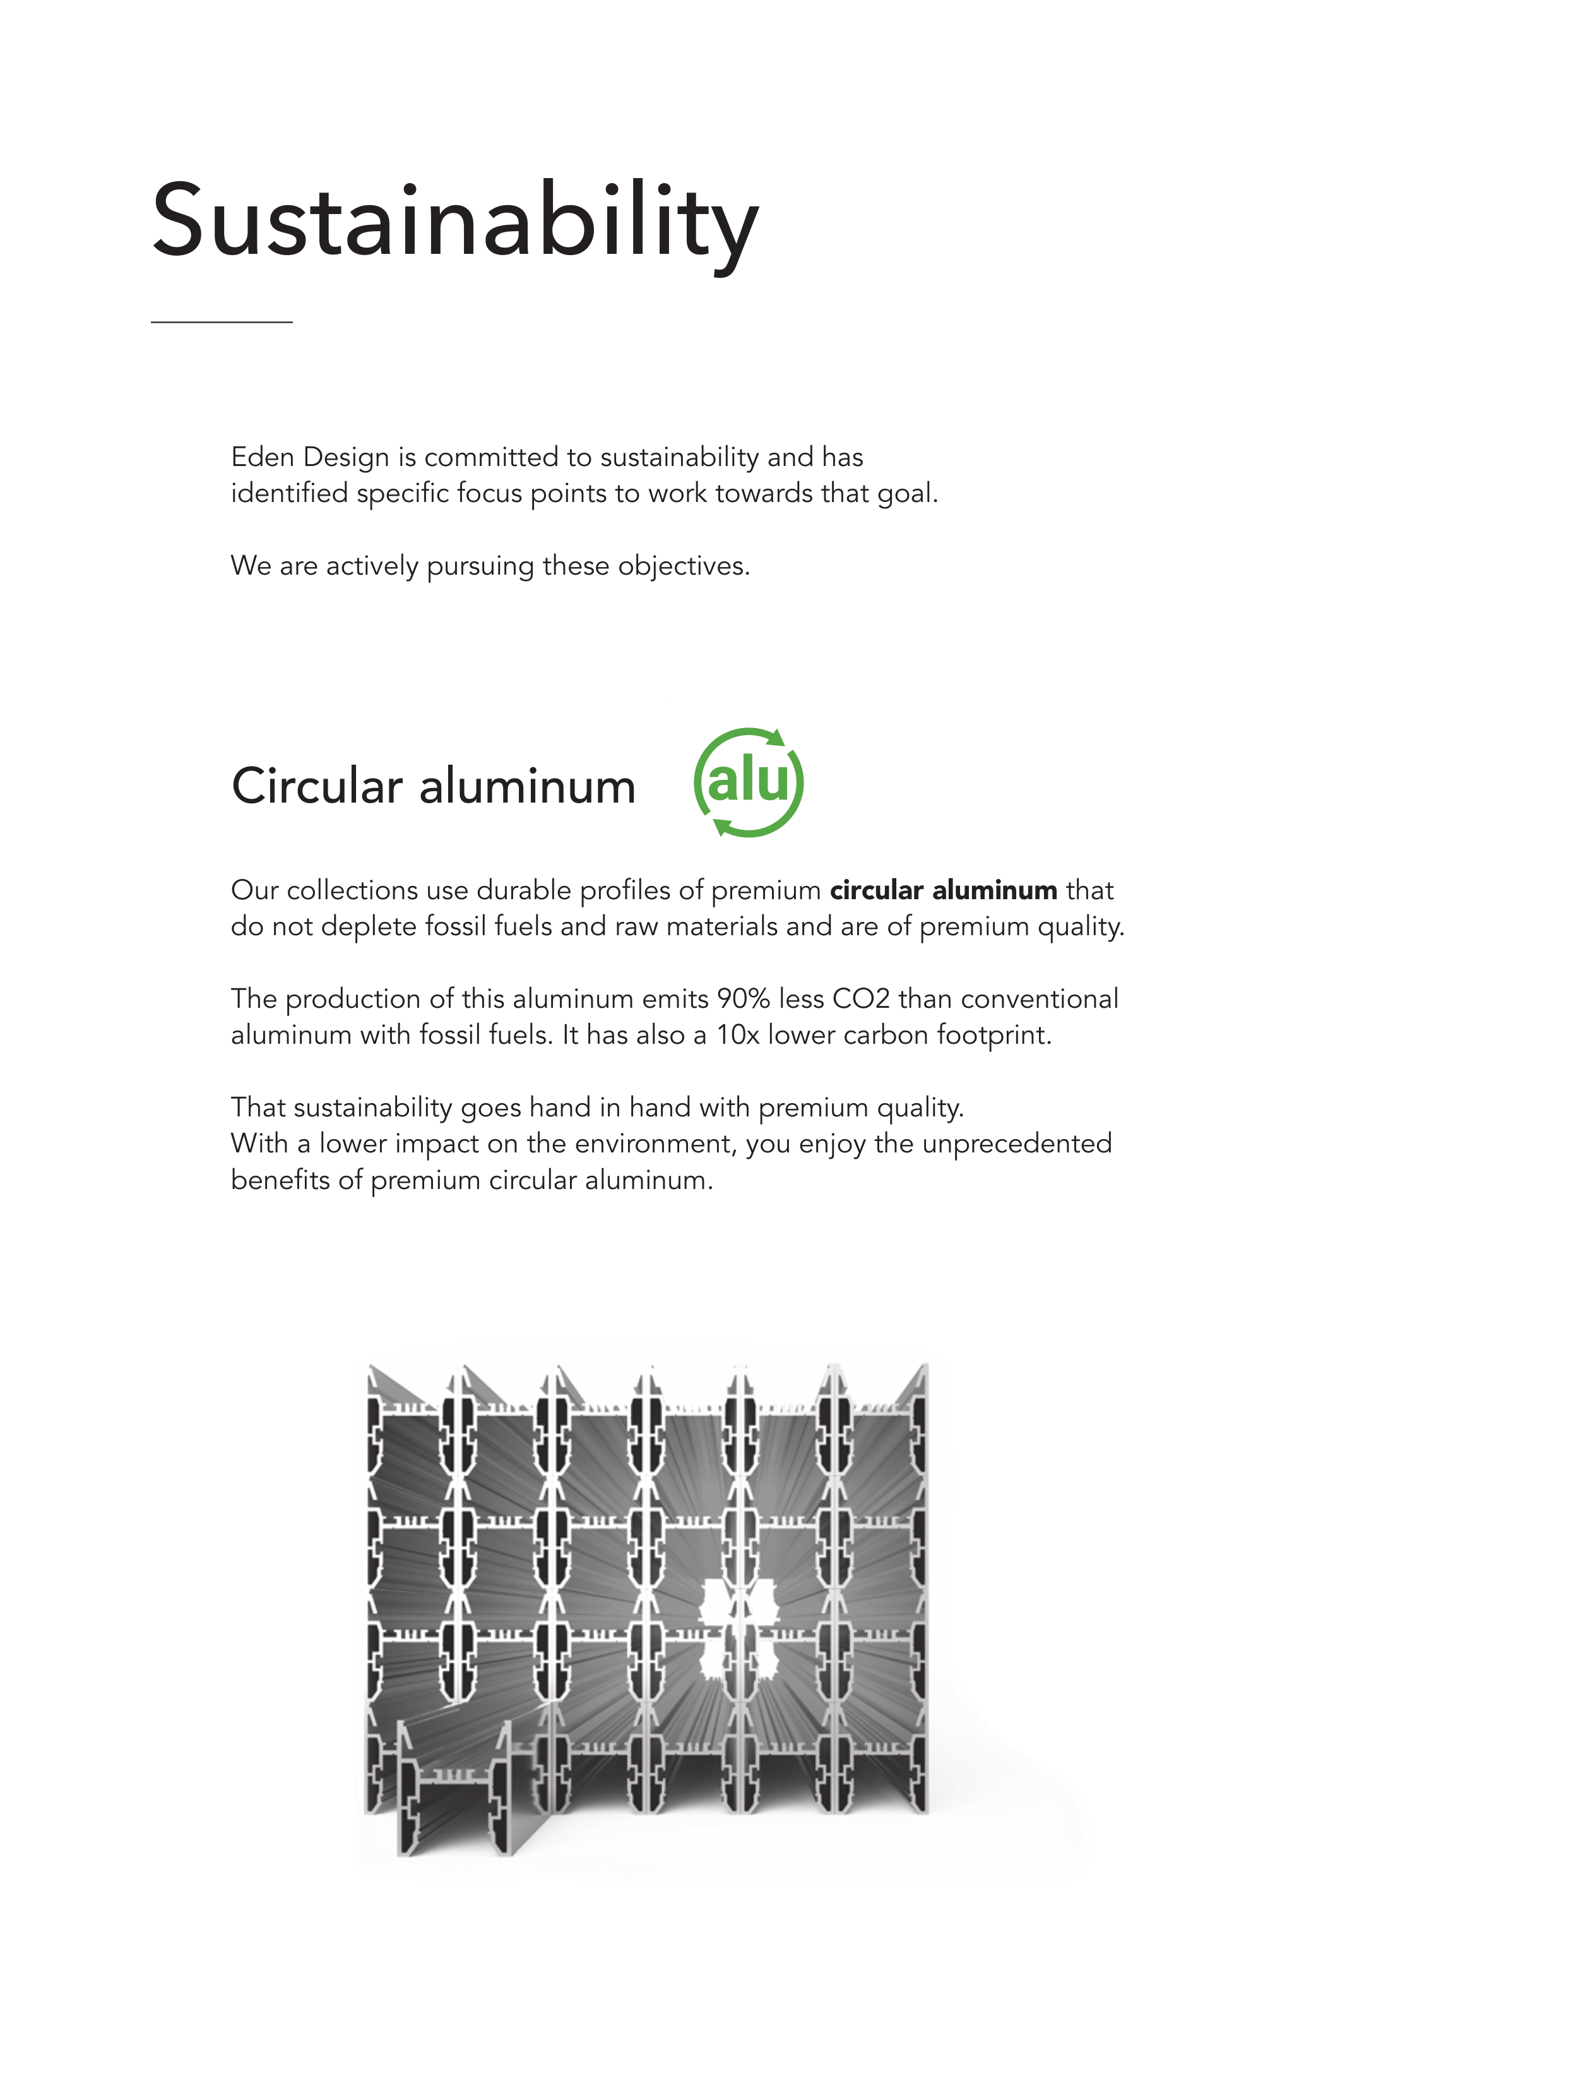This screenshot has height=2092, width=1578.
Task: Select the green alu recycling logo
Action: (x=748, y=782)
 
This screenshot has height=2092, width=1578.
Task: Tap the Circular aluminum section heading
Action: (x=433, y=787)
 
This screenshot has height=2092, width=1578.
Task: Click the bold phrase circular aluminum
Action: (x=942, y=890)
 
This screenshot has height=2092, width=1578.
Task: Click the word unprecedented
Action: (x=1016, y=1144)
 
